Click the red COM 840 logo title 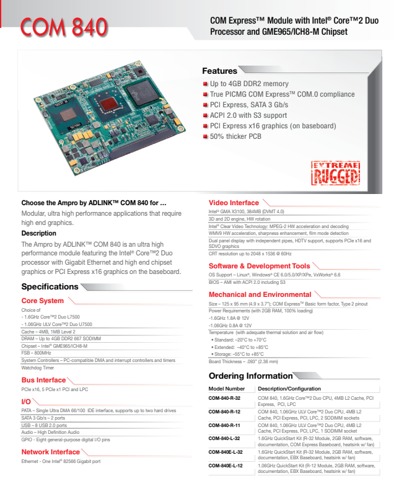(63, 26)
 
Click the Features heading (219, 71)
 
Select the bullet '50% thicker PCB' (235, 136)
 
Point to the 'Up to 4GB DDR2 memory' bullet (249, 84)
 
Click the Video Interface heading (234, 203)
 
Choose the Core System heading (42, 301)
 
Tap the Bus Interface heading (43, 380)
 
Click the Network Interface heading (51, 452)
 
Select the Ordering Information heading (250, 376)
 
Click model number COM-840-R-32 (224, 397)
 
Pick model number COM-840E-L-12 (226, 465)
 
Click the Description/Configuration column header (289, 388)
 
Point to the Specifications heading (50, 286)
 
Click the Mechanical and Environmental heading (260, 294)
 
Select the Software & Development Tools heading (259, 266)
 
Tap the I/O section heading (26, 402)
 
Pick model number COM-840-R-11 (224, 425)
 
